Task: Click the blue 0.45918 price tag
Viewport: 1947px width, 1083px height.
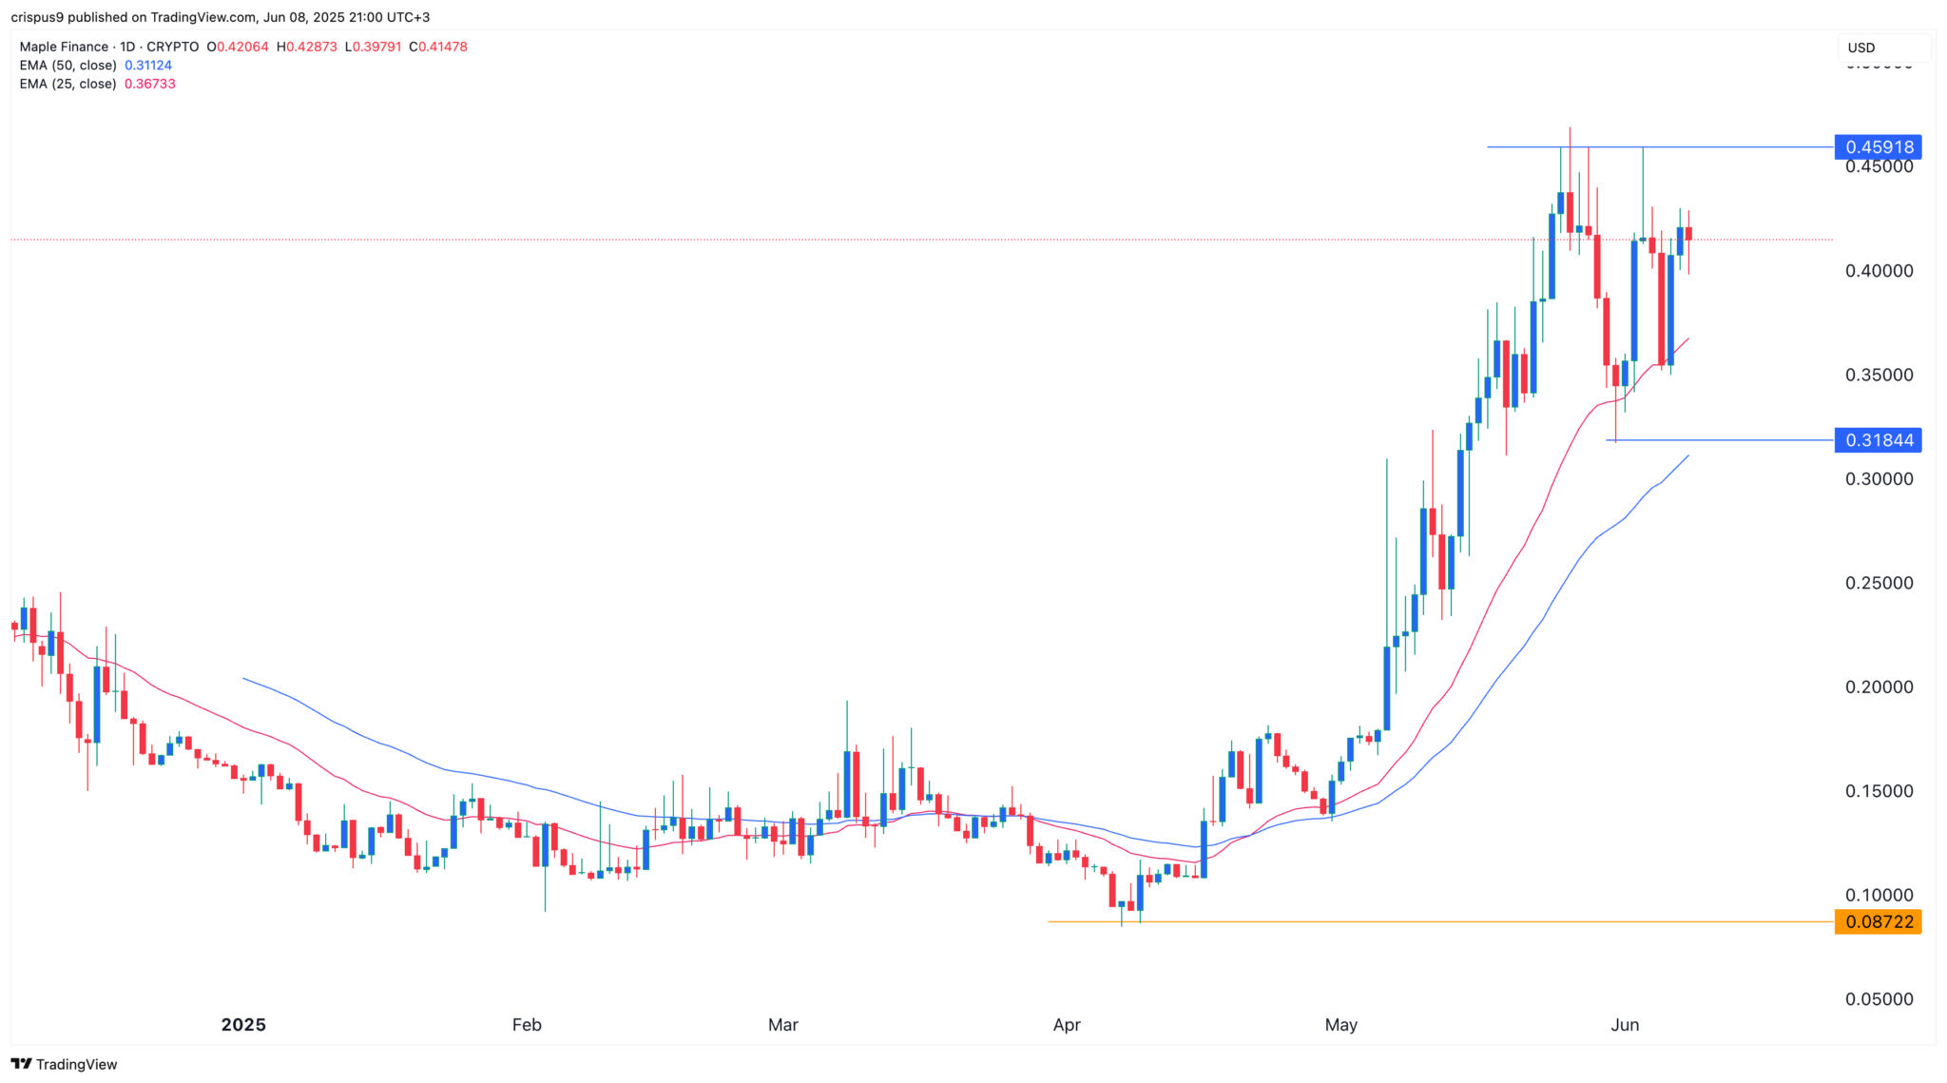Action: (1878, 147)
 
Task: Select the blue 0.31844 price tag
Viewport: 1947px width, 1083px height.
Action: (1878, 440)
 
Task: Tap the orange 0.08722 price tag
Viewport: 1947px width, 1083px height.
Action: (1878, 921)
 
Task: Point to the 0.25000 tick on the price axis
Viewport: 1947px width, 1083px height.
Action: (1879, 583)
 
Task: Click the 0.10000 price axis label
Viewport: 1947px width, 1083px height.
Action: (1879, 895)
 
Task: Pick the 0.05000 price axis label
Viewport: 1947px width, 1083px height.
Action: (1879, 999)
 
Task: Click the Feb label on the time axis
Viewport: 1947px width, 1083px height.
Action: (527, 1025)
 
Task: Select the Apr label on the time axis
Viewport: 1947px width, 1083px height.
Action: (1067, 1025)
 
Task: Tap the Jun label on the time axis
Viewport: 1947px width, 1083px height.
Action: (1625, 1025)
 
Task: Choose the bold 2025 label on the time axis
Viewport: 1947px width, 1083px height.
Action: (243, 1025)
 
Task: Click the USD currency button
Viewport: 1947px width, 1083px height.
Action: (1861, 48)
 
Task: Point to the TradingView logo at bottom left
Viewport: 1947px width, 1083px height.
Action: (64, 1064)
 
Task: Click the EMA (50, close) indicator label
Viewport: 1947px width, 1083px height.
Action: (68, 66)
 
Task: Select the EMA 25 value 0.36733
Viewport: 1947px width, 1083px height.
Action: (150, 84)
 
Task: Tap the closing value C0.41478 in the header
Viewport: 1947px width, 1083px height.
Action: (438, 47)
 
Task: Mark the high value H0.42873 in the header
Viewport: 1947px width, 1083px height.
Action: (307, 47)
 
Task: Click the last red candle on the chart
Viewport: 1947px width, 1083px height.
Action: (1688, 234)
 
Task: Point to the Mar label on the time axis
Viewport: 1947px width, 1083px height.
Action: (783, 1025)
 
